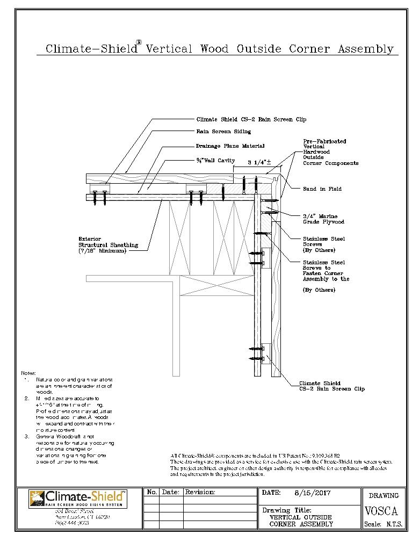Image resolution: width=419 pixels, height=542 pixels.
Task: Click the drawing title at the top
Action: click(x=219, y=49)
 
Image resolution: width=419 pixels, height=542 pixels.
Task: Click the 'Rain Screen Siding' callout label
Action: click(x=223, y=131)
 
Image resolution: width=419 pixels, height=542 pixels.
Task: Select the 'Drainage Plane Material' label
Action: click(x=230, y=146)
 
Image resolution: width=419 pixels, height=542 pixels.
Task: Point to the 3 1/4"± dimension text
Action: click(x=259, y=162)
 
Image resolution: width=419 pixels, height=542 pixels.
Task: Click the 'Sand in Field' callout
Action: click(x=322, y=189)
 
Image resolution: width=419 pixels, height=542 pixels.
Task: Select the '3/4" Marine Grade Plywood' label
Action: click(x=323, y=219)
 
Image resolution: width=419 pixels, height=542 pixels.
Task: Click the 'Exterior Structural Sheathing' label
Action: click(x=108, y=245)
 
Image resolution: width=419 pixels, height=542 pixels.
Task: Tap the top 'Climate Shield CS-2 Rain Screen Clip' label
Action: click(x=251, y=119)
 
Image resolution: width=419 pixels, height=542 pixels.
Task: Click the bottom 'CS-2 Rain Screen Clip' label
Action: click(x=331, y=386)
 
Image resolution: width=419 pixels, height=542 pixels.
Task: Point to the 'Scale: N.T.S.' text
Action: click(x=384, y=524)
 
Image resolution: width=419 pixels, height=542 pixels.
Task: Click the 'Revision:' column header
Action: click(x=200, y=492)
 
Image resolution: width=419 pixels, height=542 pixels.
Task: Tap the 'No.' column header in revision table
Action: click(x=152, y=492)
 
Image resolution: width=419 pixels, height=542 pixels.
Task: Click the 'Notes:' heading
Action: click(x=28, y=373)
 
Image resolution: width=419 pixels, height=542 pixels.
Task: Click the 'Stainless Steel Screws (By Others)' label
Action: click(x=323, y=244)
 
